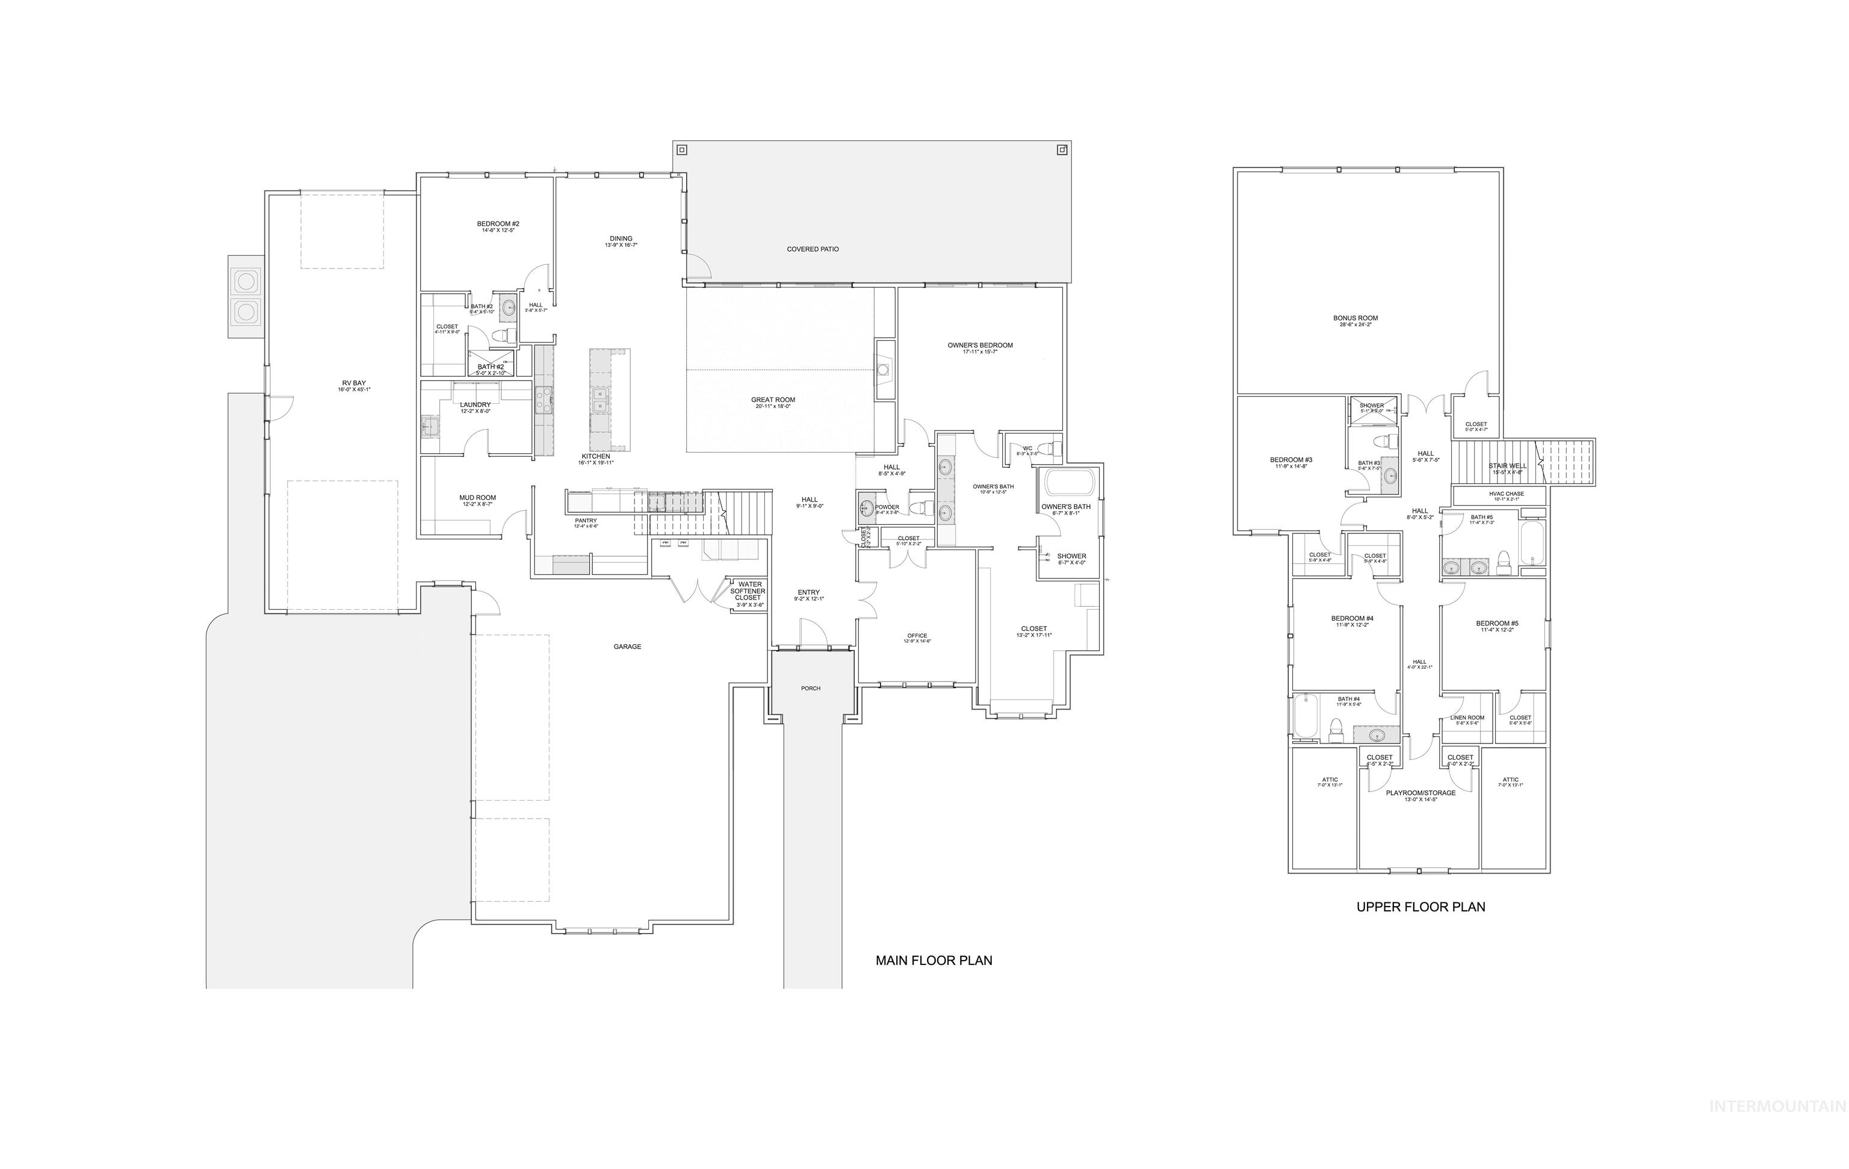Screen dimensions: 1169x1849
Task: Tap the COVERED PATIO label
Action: pos(813,249)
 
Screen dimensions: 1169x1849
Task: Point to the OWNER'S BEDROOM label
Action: pos(980,346)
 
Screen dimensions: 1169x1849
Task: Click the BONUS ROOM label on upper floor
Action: pos(1355,318)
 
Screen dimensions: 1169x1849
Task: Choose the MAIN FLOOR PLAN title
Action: pos(934,960)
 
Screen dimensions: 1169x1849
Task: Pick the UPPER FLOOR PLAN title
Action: pos(1420,907)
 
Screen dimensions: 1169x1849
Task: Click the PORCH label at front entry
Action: pos(811,688)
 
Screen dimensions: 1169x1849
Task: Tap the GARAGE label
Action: pos(627,647)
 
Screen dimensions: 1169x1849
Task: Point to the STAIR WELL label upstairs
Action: pos(1507,465)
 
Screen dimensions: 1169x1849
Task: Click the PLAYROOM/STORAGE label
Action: pos(1420,793)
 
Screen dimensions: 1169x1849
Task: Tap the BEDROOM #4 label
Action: pos(1352,618)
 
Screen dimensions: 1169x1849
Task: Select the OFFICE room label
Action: pos(917,636)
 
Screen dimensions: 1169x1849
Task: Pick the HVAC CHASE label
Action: pos(1506,494)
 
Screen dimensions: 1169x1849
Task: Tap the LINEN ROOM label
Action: pos(1467,718)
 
